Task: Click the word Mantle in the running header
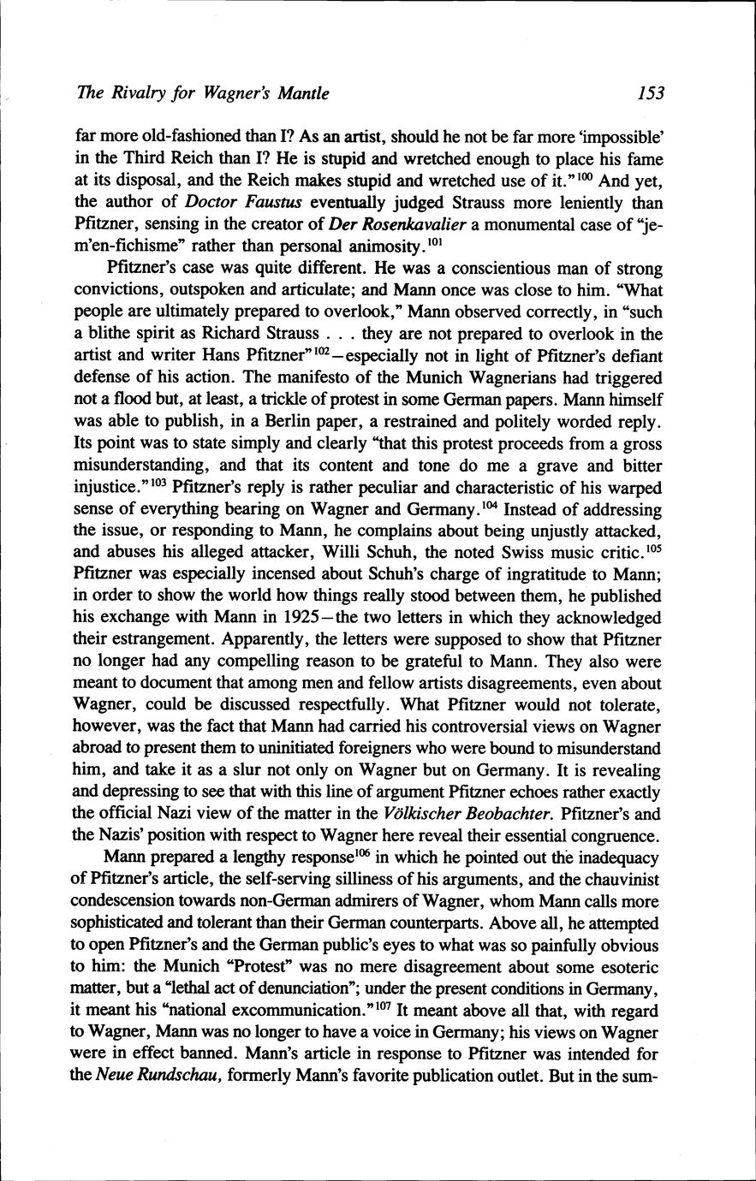click(x=299, y=93)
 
